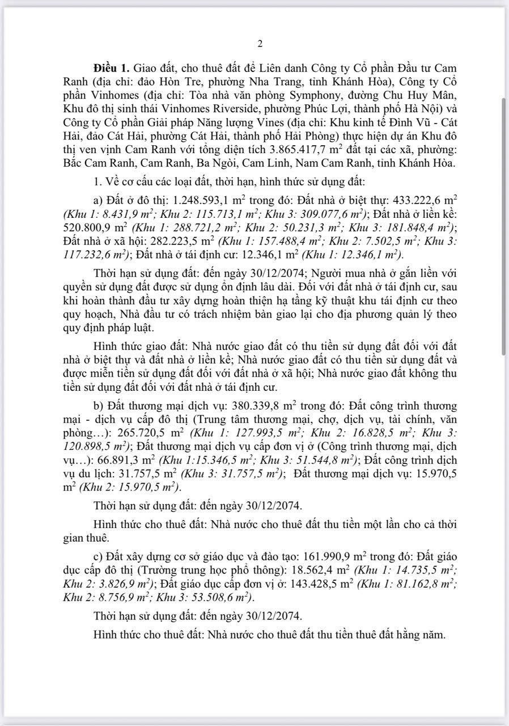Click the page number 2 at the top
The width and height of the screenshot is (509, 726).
[x=260, y=44]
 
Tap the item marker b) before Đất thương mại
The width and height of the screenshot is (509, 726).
[x=98, y=406]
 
